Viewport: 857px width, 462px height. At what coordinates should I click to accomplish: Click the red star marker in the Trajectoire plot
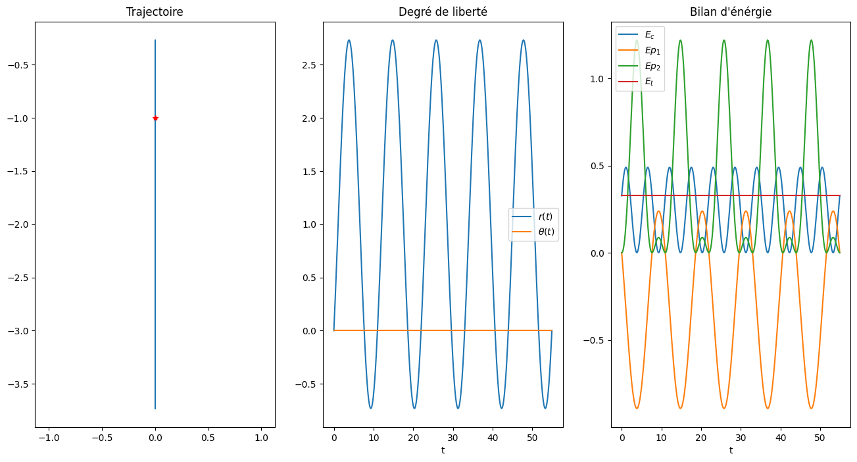155,118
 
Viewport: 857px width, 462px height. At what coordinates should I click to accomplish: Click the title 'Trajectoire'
155,12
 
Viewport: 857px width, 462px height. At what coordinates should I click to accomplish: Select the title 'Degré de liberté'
443,12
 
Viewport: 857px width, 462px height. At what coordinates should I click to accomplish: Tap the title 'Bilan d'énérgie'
730,12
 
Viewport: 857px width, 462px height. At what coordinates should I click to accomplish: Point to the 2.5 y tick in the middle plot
310,65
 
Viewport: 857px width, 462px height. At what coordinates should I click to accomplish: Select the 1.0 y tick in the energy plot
598,79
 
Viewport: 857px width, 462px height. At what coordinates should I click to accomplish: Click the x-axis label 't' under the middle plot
443,451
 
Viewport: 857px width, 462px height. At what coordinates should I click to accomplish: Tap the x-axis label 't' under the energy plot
730,451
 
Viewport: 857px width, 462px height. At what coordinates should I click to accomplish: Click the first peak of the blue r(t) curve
349,40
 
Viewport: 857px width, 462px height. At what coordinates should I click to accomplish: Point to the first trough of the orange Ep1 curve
637,408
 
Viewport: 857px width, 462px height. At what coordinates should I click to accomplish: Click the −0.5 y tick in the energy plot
595,340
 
